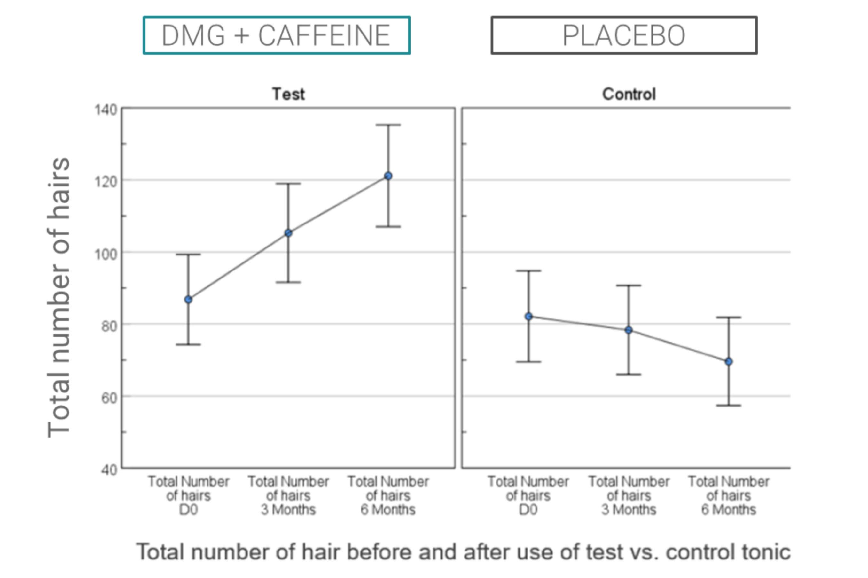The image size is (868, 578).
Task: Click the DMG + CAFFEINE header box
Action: pos(277,35)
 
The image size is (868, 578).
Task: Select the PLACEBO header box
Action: pos(624,35)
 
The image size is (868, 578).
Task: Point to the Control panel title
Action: pos(629,95)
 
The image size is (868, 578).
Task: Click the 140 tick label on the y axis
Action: pos(106,110)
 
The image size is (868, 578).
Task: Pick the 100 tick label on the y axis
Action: pos(106,254)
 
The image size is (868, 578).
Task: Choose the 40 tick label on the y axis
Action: pos(109,470)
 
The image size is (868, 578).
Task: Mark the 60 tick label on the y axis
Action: pos(109,398)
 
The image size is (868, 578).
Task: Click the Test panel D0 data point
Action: pos(188,300)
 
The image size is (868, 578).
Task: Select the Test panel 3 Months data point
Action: pos(289,233)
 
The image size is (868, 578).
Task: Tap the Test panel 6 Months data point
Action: pos(388,176)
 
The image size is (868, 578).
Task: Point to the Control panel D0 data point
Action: pos(528,316)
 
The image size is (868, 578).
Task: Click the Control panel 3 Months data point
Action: pos(629,330)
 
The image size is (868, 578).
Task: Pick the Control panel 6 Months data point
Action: pos(729,361)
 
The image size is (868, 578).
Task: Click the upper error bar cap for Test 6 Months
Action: pos(388,125)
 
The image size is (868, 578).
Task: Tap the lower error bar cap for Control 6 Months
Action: pos(729,406)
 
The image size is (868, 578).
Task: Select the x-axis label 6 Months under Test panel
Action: pos(388,510)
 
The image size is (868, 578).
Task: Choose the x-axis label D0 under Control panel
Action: pos(528,510)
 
